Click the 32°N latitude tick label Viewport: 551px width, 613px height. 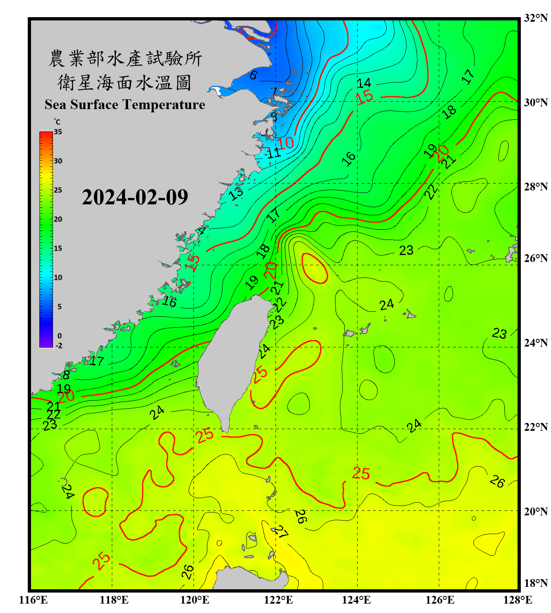pos(536,18)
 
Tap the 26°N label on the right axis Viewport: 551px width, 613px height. pos(536,258)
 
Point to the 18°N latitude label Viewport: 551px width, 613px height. pos(536,583)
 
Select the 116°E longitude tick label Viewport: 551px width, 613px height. pos(33,600)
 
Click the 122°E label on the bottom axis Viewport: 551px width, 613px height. pos(278,600)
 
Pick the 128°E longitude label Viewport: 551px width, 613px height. pos(518,600)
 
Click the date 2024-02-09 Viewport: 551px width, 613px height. pos(135,197)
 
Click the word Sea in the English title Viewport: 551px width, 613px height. pos(56,105)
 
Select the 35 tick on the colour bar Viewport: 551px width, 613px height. pos(58,132)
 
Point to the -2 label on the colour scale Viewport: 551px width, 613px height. pos(59,346)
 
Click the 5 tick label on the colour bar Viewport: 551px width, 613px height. pos(60,306)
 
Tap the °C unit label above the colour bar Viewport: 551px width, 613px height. pos(57,122)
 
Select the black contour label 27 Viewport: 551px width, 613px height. pos(281,532)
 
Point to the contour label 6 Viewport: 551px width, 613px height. pos(253,75)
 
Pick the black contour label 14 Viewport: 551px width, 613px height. pos(364,83)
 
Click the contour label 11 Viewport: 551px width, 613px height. pos(274,153)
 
